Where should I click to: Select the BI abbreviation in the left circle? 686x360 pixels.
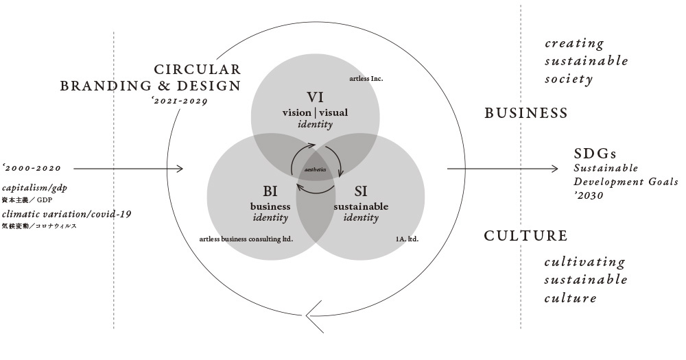[x=270, y=190]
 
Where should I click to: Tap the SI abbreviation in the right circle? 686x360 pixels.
[x=360, y=190]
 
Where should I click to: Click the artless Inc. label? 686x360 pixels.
[x=365, y=80]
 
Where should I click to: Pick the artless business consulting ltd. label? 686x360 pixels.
[x=246, y=239]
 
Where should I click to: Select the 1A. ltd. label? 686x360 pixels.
[x=407, y=239]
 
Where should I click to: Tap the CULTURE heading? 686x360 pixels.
[x=526, y=237]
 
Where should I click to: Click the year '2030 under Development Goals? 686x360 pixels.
[x=589, y=195]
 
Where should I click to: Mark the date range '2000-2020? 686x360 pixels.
[x=32, y=168]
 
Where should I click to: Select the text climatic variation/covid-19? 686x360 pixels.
[x=67, y=214]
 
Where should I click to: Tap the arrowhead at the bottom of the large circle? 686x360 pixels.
[x=312, y=319]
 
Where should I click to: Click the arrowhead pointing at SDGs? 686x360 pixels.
[x=554, y=168]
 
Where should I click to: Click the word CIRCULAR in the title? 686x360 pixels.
[x=198, y=69]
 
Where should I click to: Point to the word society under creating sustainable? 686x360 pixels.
[x=568, y=80]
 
